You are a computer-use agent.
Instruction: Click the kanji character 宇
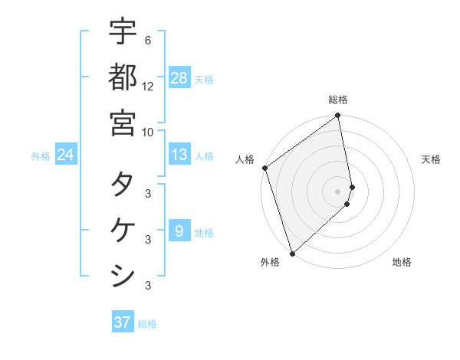[x=123, y=31]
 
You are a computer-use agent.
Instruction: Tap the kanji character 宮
[x=123, y=122]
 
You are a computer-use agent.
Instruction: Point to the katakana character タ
[x=123, y=185]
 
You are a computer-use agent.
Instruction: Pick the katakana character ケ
[x=123, y=230]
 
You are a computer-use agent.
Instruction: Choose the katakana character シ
[x=123, y=275]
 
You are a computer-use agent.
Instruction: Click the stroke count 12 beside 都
[x=148, y=86]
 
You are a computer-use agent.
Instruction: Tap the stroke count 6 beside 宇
[x=147, y=41]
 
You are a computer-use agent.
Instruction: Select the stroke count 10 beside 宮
[x=148, y=131]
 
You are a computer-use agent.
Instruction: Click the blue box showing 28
[x=179, y=77]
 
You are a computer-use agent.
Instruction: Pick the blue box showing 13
[x=179, y=155]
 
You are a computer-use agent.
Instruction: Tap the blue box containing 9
[x=179, y=231]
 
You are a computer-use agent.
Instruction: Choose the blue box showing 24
[x=66, y=155]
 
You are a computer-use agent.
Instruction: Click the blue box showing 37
[x=123, y=322]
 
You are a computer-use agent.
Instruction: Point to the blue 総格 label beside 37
[x=147, y=324]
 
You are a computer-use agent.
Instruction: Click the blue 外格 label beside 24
[x=41, y=156]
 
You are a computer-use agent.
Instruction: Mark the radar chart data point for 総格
[x=337, y=116]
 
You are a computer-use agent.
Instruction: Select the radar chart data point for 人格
[x=264, y=168]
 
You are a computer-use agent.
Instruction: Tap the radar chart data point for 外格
[x=292, y=253]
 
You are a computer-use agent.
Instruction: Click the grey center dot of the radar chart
[x=337, y=191]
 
